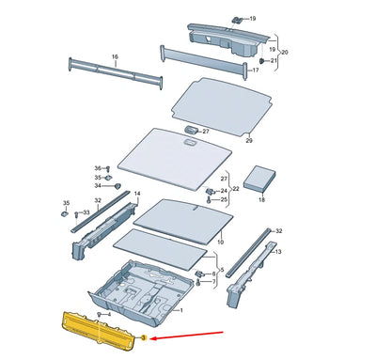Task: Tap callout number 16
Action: coord(116,57)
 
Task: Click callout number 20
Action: coord(285,53)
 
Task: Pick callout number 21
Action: coord(274,60)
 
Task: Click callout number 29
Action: coord(249,140)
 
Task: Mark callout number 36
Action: coord(96,167)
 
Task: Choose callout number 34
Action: coord(96,186)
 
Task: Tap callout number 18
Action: coord(262,200)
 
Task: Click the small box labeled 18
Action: coord(260,180)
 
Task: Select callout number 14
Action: coord(137,195)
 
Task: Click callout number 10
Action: coord(221,242)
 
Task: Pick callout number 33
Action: coord(87,213)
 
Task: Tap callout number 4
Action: coord(109,314)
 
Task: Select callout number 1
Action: coord(181,310)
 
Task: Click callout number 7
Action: coord(213,282)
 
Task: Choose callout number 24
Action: coord(224,191)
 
